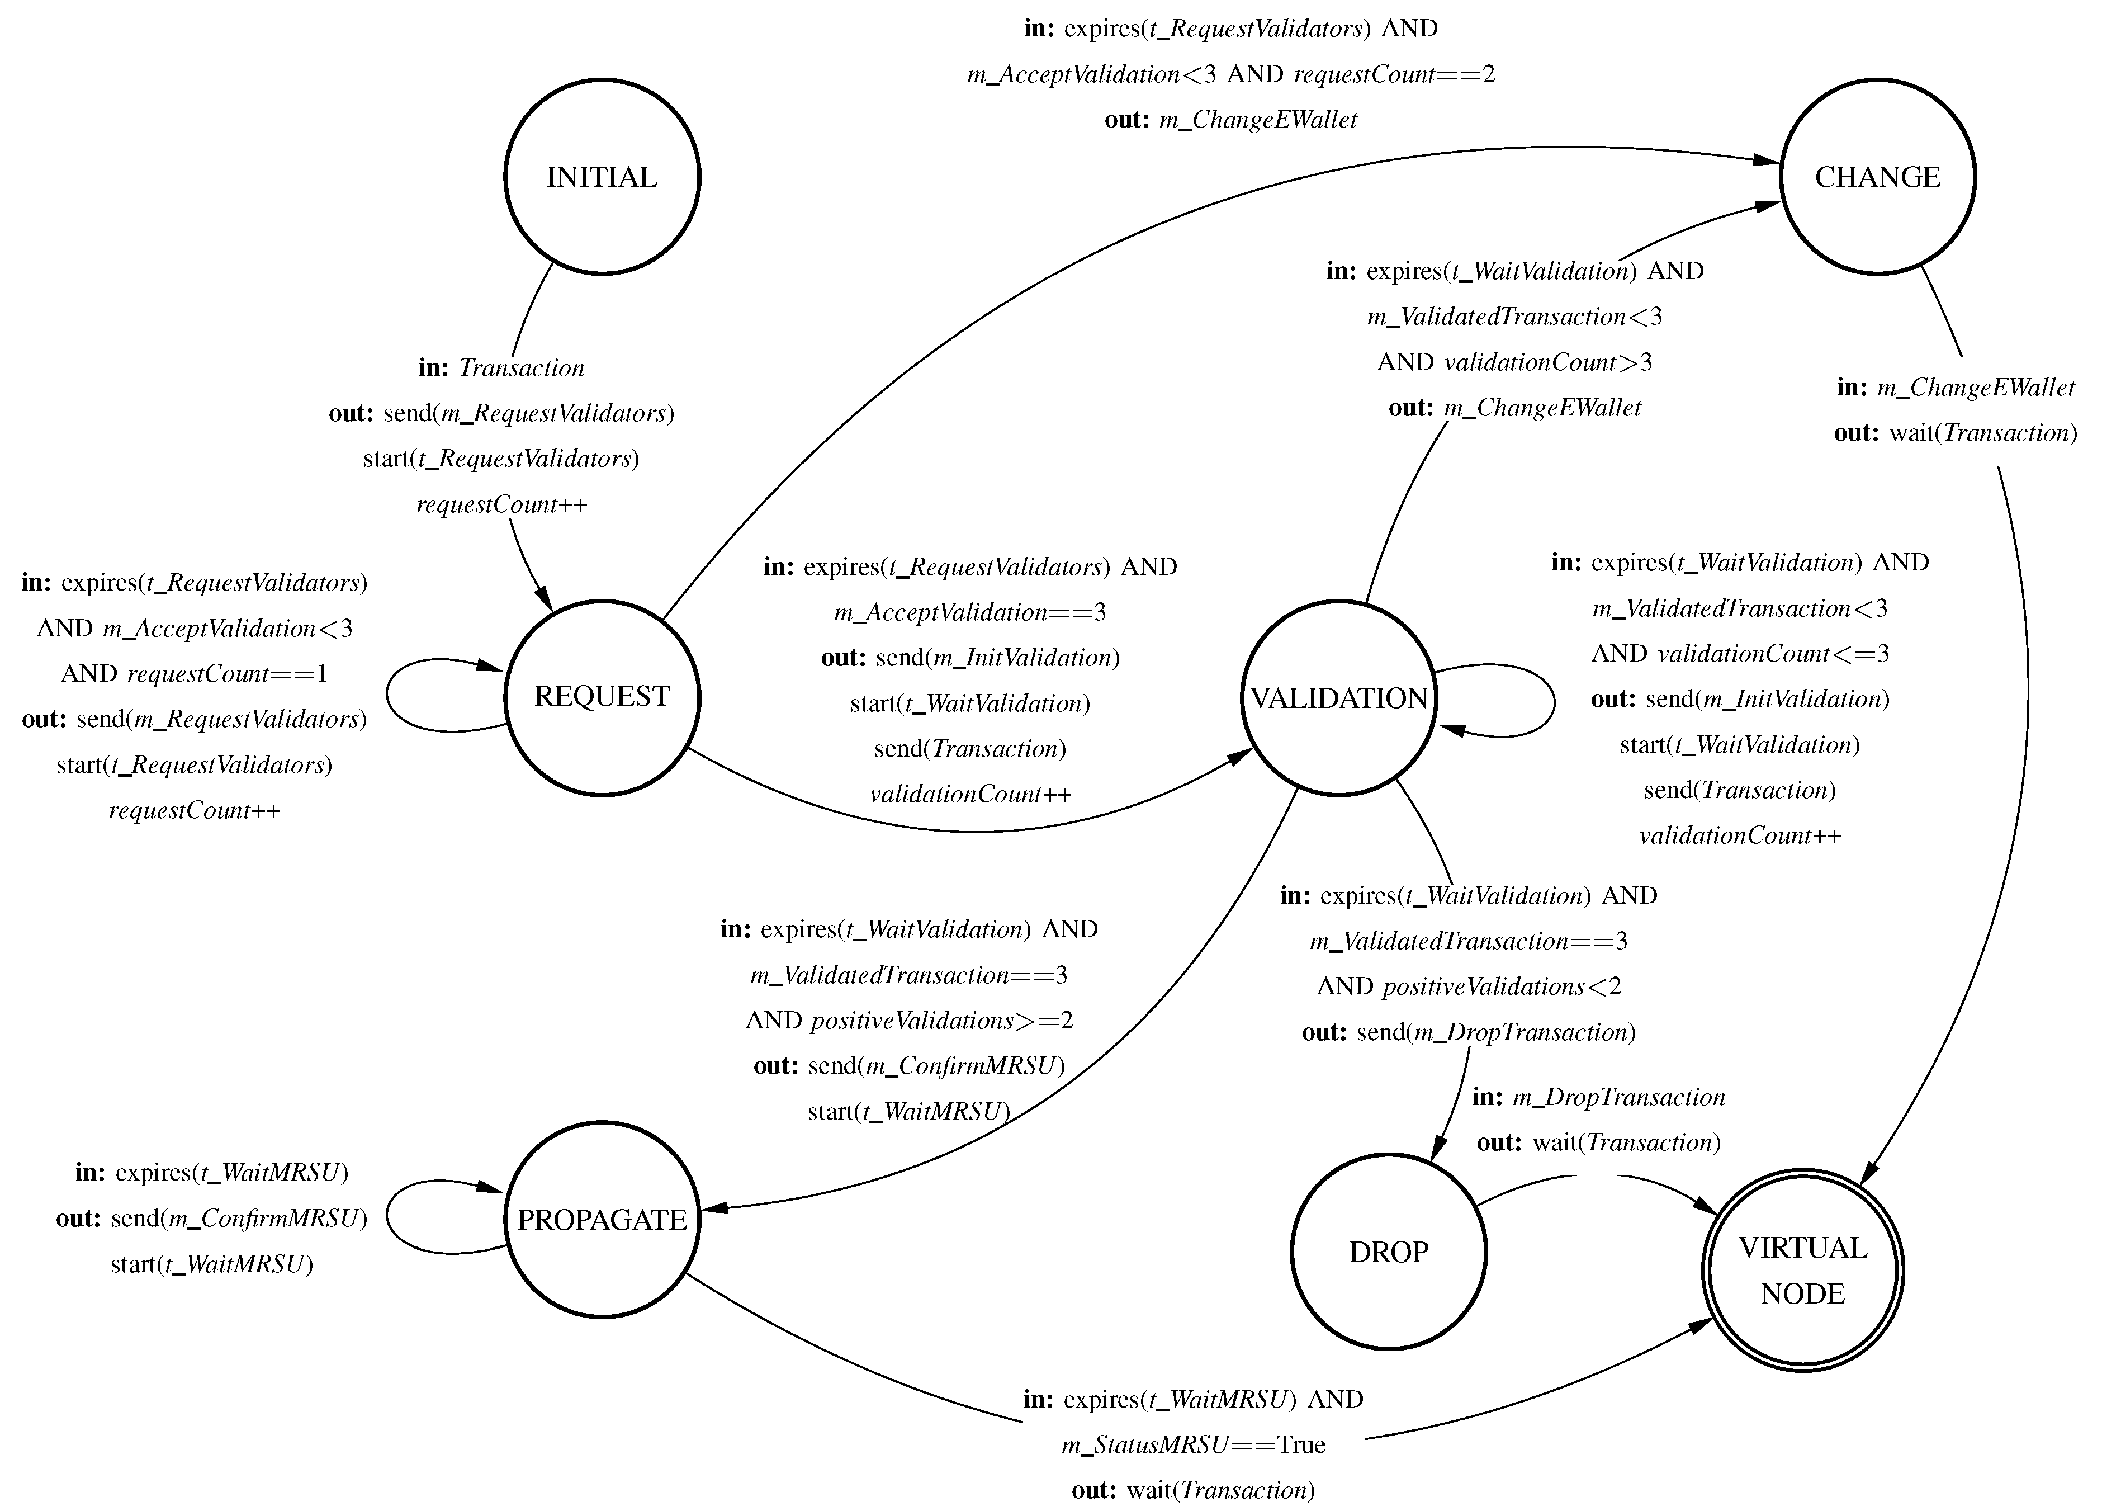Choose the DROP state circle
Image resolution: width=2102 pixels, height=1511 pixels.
tap(1388, 1252)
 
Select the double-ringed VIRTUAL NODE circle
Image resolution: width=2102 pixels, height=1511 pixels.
tap(1803, 1270)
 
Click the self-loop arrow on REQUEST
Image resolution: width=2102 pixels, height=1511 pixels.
tap(389, 695)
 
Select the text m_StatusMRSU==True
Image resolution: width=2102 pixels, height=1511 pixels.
tap(1193, 1444)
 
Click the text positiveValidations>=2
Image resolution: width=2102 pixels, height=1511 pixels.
tap(941, 1021)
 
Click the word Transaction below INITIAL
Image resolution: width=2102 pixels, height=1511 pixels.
tap(522, 368)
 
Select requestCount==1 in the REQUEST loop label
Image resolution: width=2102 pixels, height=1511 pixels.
tap(227, 674)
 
